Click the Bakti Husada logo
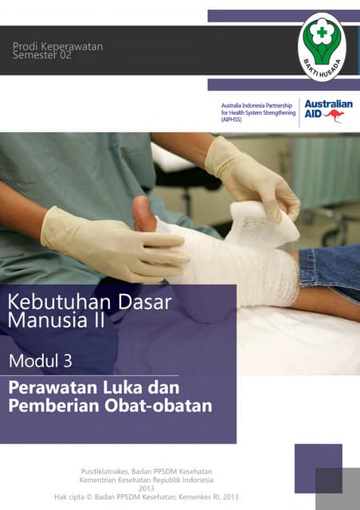click(x=323, y=47)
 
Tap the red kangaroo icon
click(x=334, y=116)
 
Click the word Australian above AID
click(x=328, y=104)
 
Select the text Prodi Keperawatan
click(x=57, y=47)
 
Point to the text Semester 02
click(x=47, y=57)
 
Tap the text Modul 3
click(x=41, y=360)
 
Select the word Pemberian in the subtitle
click(x=54, y=406)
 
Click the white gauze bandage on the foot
click(x=239, y=255)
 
